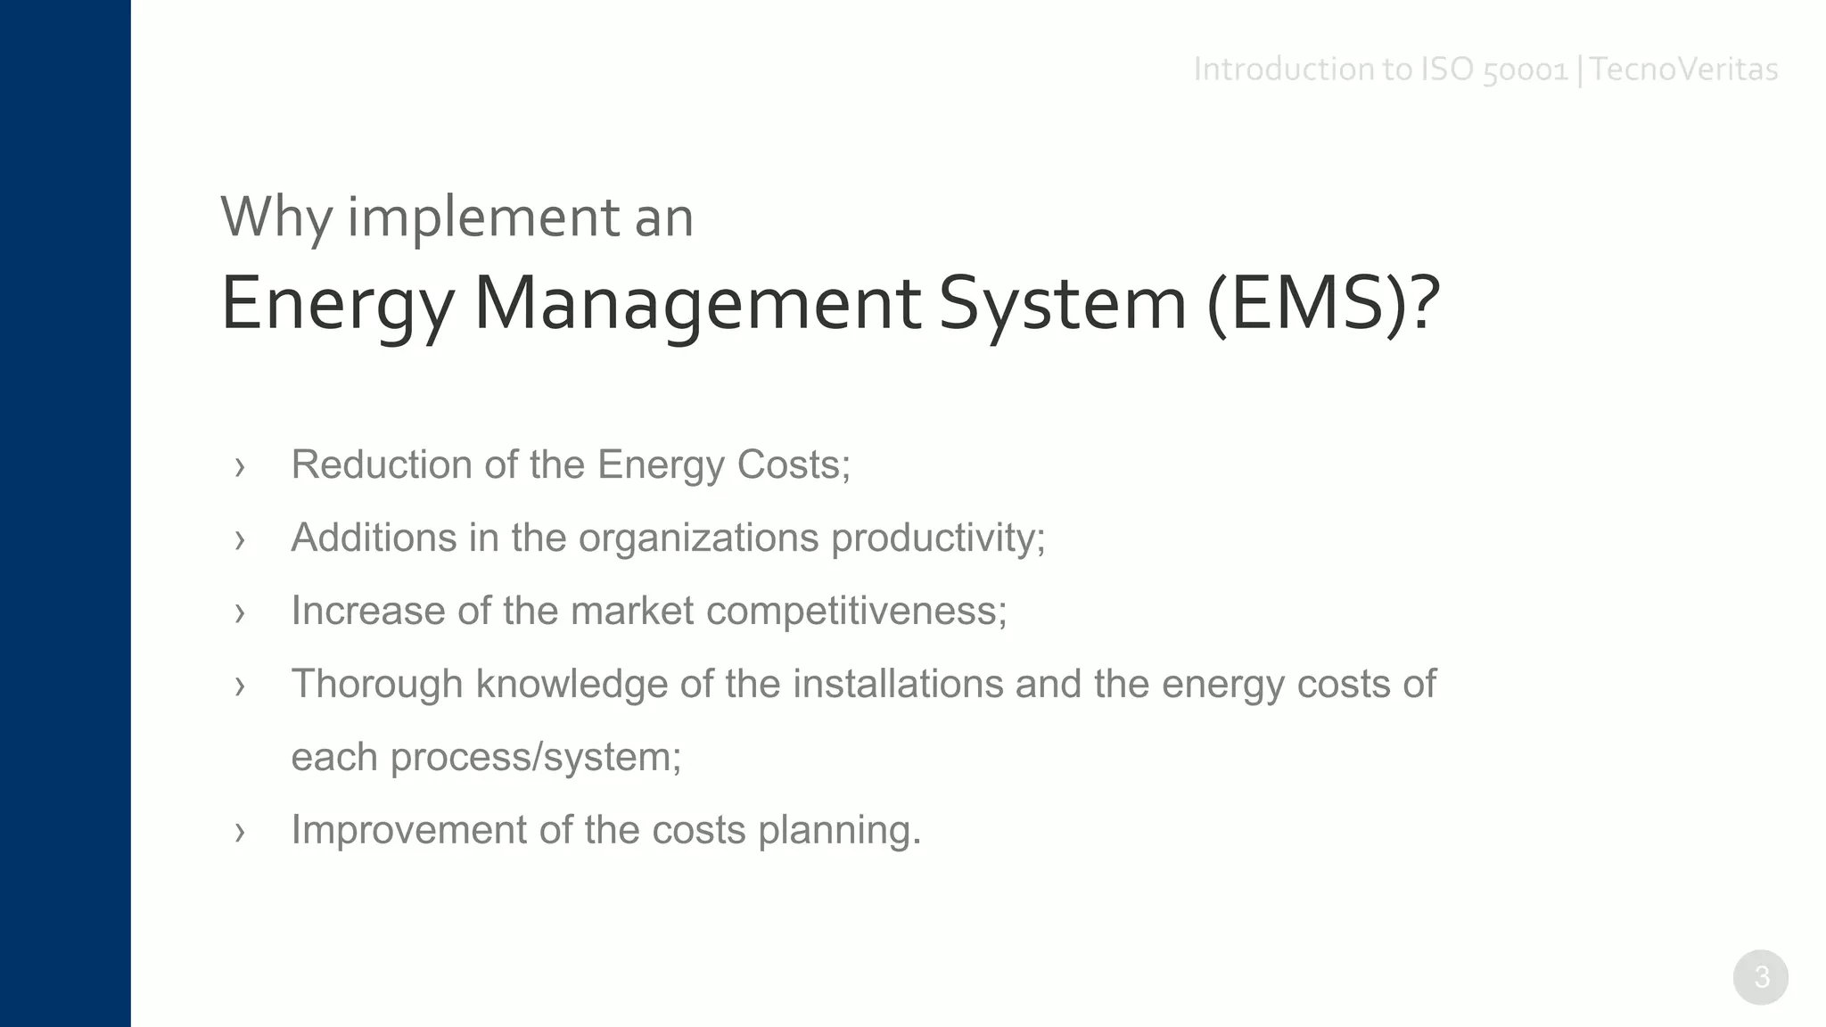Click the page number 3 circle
(x=1760, y=977)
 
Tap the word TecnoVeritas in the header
(x=1683, y=70)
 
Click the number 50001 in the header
(x=1525, y=70)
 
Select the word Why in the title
(x=276, y=217)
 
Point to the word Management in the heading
(x=697, y=303)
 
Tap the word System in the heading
(x=1063, y=303)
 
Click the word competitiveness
(x=856, y=611)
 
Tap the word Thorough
(x=378, y=684)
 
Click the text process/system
(x=535, y=757)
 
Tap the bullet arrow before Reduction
(x=239, y=466)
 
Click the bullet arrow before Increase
(x=239, y=612)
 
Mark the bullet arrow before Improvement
(x=239, y=832)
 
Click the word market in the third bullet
(x=631, y=611)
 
